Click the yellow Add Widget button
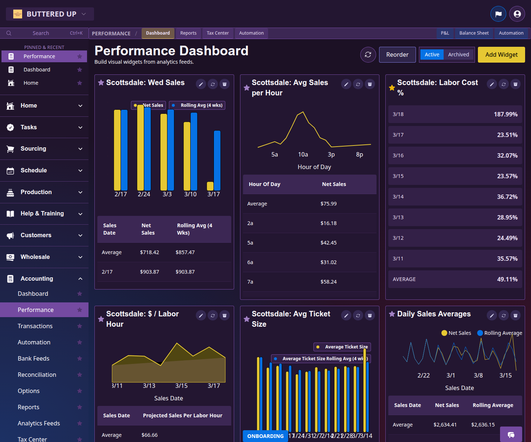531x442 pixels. (x=501, y=55)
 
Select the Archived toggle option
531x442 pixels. (x=458, y=55)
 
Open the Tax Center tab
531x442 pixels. (x=218, y=33)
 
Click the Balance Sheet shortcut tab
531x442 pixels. (x=474, y=33)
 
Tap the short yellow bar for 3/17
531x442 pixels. (x=210, y=186)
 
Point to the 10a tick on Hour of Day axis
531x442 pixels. (x=303, y=155)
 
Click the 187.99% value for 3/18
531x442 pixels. (x=506, y=114)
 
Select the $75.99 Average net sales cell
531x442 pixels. (x=328, y=204)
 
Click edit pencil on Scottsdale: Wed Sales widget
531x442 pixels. (x=201, y=84)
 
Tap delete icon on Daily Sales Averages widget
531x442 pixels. (x=516, y=316)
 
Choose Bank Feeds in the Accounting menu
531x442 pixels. (x=34, y=358)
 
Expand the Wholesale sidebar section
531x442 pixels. (x=44, y=257)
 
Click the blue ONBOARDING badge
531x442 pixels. (x=265, y=436)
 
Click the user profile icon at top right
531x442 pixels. (x=517, y=14)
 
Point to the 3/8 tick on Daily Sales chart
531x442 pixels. (x=478, y=375)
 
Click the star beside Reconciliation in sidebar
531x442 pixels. (x=80, y=375)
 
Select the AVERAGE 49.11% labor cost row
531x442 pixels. (x=455, y=279)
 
